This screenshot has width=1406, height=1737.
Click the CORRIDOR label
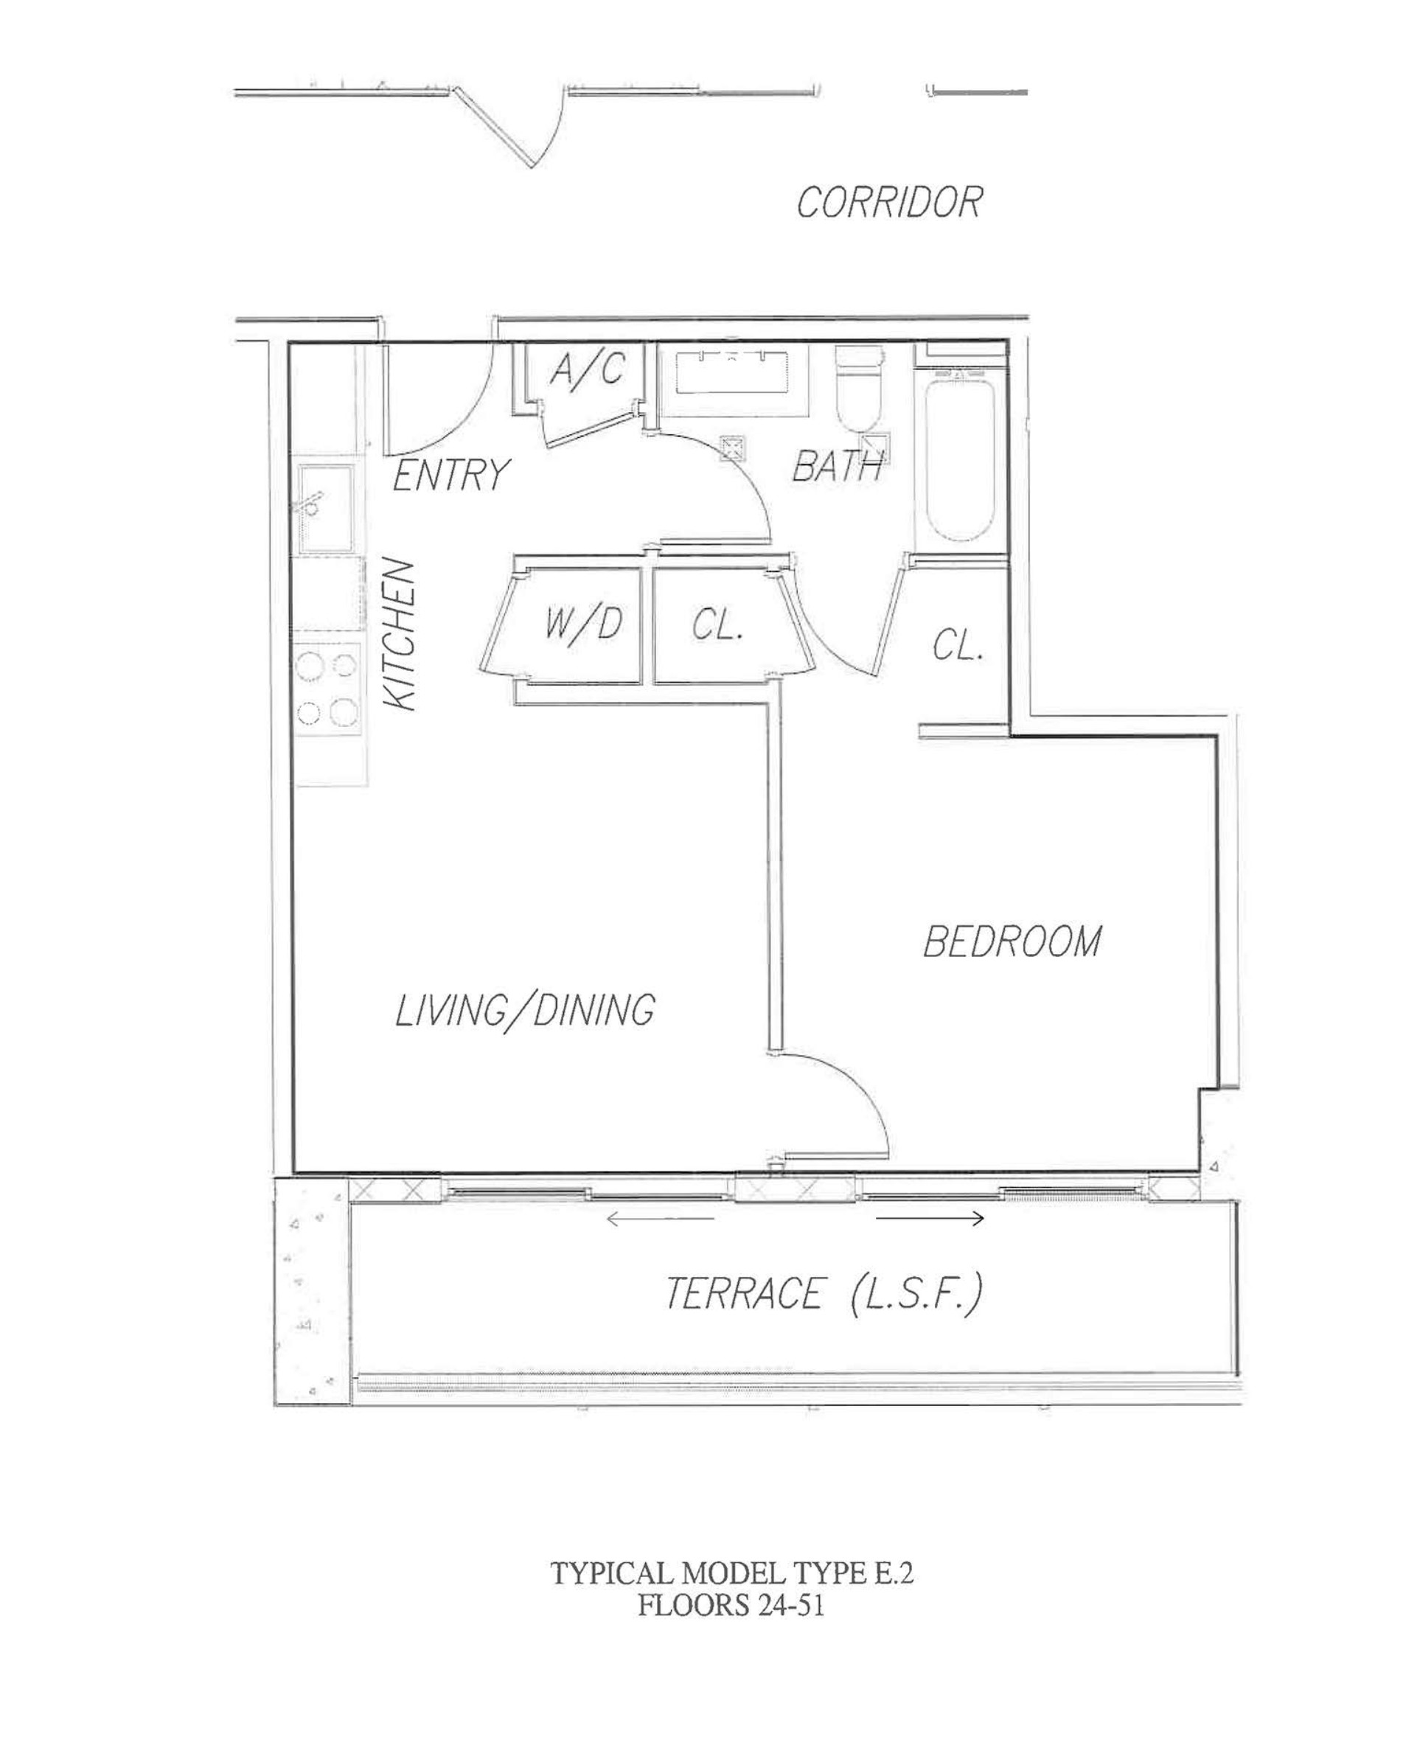pyautogui.click(x=889, y=201)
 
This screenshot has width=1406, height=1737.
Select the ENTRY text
pyautogui.click(x=451, y=475)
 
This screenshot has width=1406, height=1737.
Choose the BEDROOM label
pyautogui.click(x=1012, y=941)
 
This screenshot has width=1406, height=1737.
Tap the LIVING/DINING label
pyautogui.click(x=525, y=1011)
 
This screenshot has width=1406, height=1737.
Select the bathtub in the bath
pyautogui.click(x=961, y=456)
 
